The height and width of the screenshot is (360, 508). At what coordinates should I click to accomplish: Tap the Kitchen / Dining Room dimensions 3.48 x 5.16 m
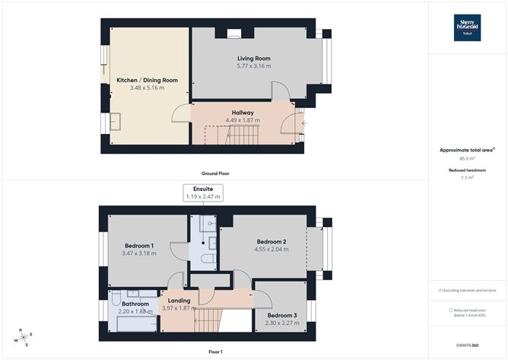148,88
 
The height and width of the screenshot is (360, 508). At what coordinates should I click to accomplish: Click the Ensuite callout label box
203,193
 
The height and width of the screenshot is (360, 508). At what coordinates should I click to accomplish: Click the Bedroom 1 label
139,246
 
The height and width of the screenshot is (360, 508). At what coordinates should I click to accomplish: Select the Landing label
179,301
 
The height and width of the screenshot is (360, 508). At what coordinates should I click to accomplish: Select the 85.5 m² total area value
467,159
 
